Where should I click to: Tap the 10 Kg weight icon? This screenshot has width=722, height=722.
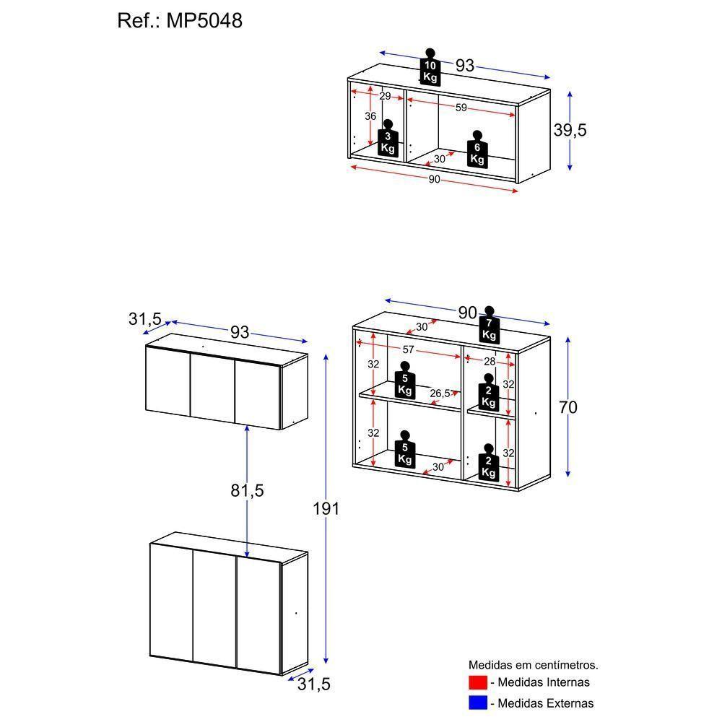[x=430, y=68]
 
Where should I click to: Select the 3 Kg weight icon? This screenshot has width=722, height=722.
[x=388, y=138]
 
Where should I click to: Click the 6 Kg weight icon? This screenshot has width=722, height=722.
[x=477, y=149]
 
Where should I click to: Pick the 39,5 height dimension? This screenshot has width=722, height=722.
[x=570, y=130]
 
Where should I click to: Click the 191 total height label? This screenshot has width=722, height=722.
[x=326, y=508]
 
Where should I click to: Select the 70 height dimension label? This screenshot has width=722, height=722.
[x=567, y=407]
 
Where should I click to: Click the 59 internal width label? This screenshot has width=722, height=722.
[x=461, y=108]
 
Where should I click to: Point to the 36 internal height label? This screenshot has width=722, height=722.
[x=370, y=116]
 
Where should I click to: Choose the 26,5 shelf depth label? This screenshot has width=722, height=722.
[x=440, y=393]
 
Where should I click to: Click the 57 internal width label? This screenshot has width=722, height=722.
[x=409, y=349]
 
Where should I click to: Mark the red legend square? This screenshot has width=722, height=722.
[x=477, y=682]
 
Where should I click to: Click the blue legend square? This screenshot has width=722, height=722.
[x=477, y=703]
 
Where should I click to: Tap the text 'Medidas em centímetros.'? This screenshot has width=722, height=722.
[x=533, y=665]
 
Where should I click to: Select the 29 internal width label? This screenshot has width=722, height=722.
[x=385, y=96]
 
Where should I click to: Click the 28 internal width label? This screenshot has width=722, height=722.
[x=489, y=360]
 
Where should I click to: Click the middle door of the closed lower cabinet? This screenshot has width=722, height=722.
[x=215, y=610]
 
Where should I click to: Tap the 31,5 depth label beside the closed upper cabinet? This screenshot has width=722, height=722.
[x=145, y=318]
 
